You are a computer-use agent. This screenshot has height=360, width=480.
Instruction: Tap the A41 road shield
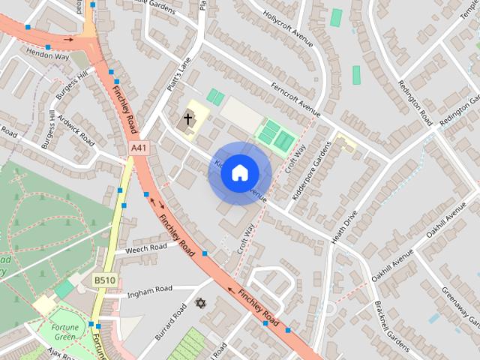[x=139, y=148]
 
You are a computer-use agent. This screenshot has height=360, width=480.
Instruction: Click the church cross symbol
[x=187, y=118]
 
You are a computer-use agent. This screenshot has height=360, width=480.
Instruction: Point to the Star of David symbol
[x=199, y=304]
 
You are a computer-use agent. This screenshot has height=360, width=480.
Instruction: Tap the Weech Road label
[x=146, y=248]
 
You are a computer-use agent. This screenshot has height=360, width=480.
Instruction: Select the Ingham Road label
[x=150, y=289]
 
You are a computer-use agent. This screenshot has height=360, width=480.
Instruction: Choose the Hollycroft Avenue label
[x=288, y=27]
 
